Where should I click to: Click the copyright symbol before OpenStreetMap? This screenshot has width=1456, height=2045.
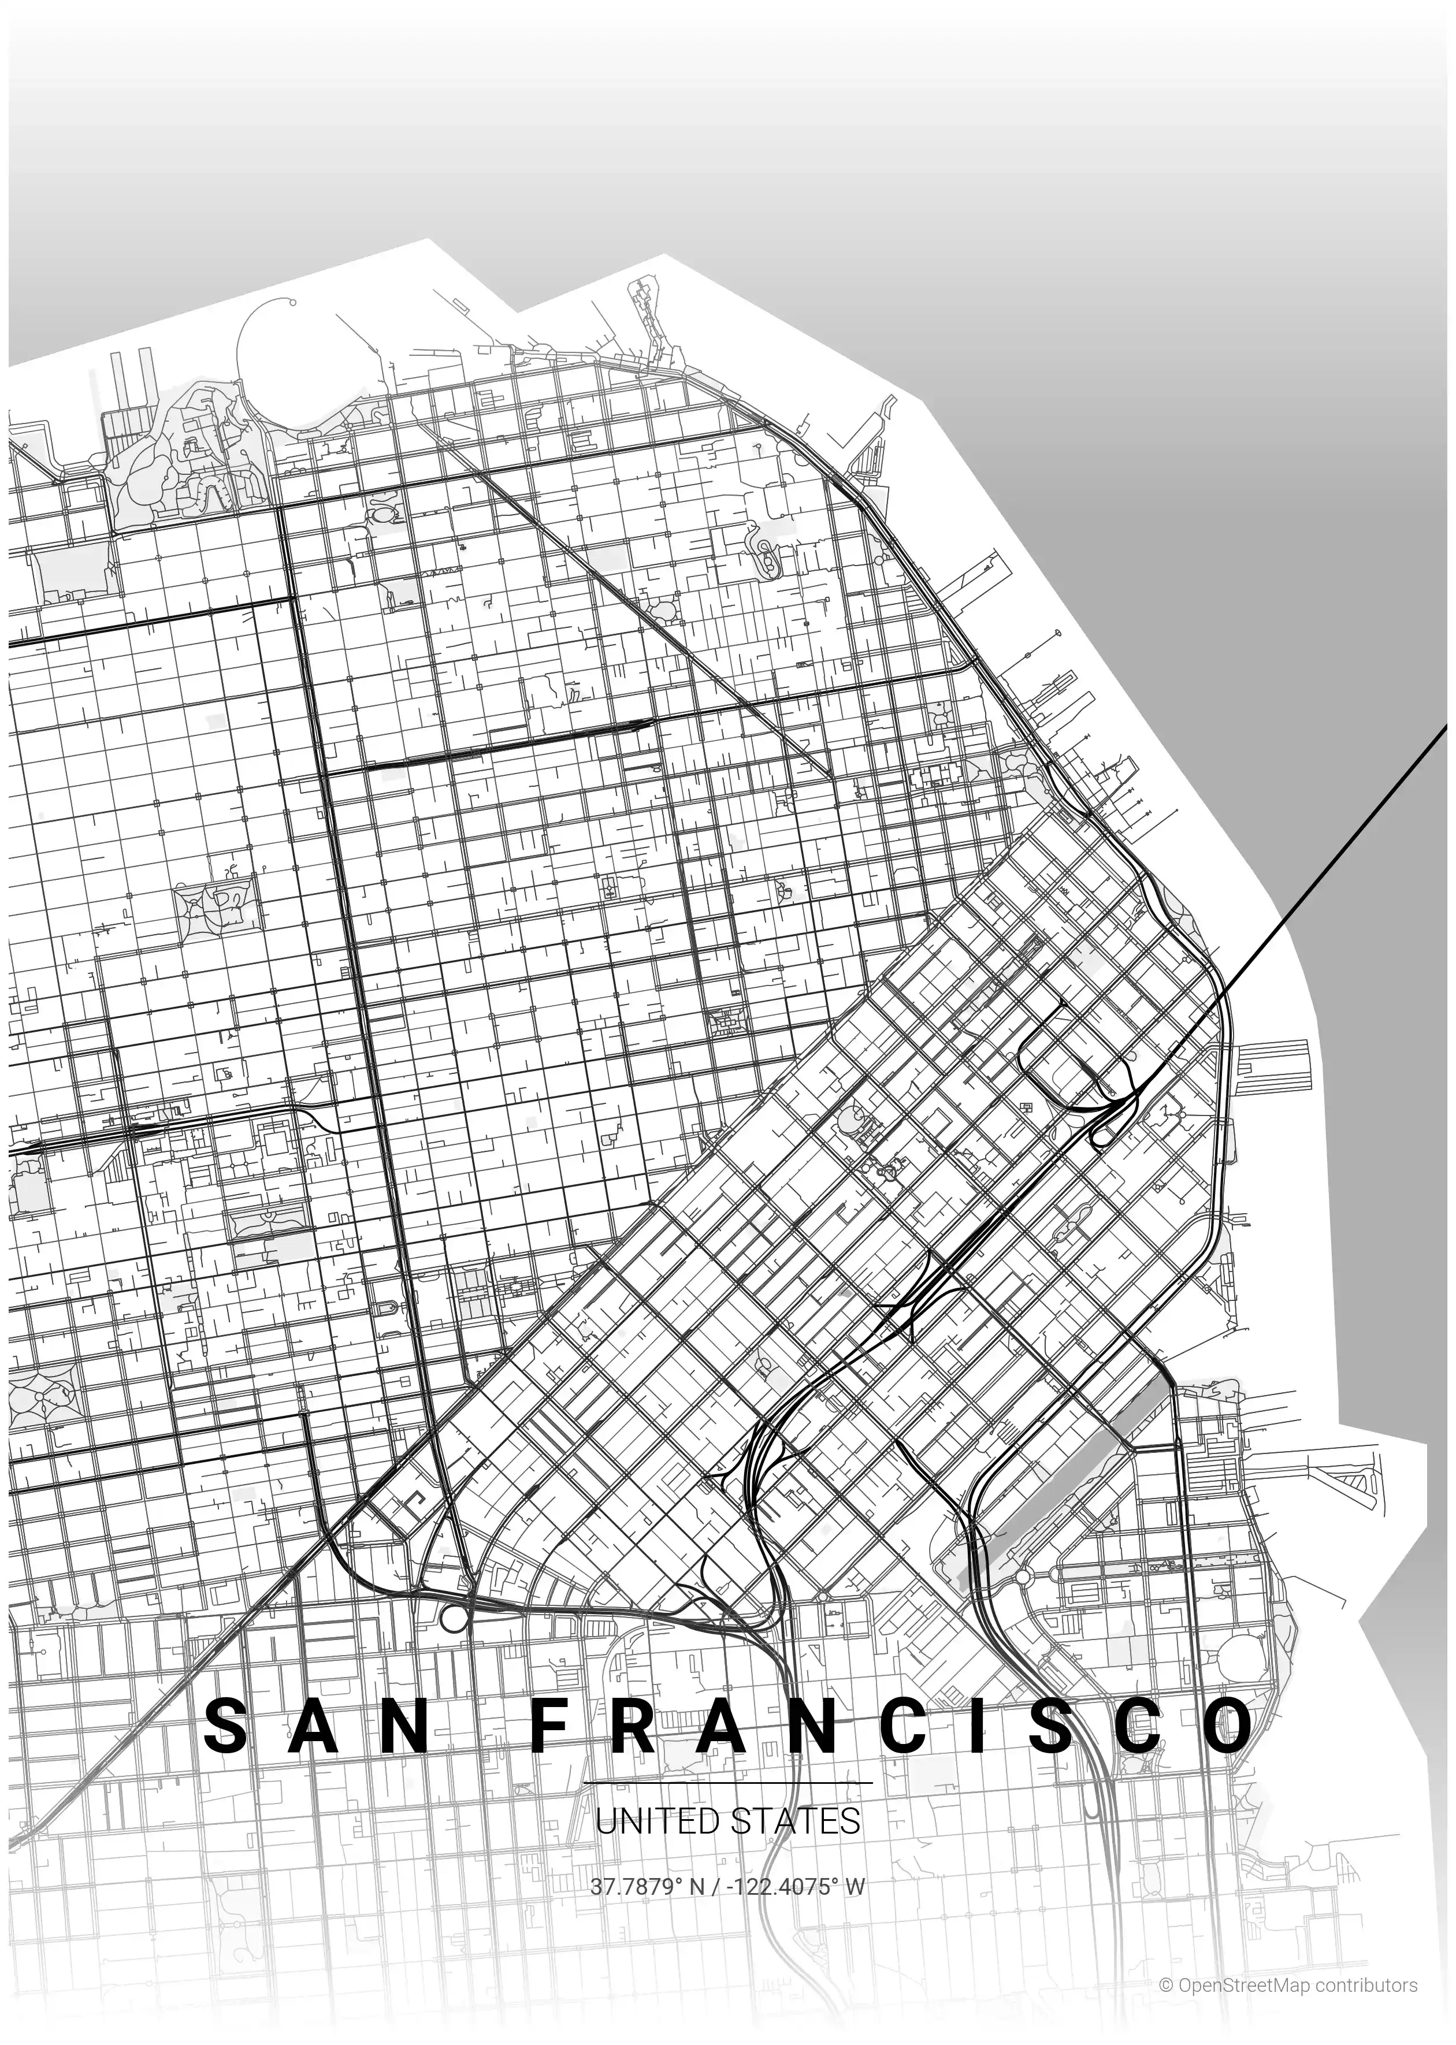[x=1165, y=1985]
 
